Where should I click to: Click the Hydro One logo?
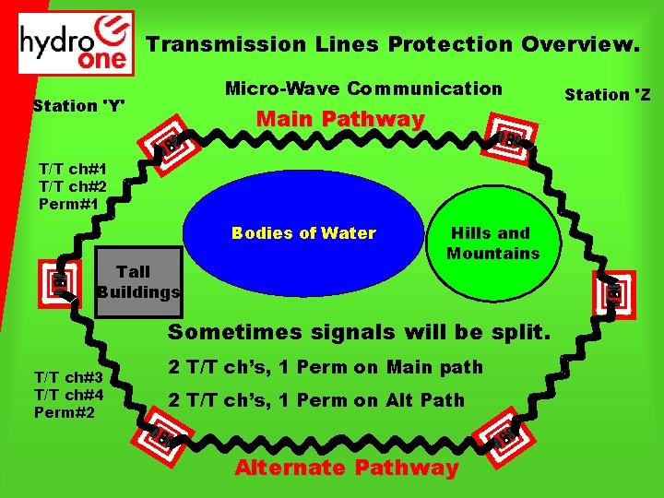point(77,42)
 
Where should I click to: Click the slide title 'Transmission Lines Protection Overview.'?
point(392,44)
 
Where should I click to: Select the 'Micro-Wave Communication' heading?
point(364,89)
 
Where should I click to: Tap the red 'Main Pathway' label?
point(340,119)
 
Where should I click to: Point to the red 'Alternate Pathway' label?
point(346,468)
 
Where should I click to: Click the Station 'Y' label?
point(78,105)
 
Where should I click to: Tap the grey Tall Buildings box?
point(138,281)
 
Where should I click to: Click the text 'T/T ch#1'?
point(72,169)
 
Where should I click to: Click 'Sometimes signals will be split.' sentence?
point(359,332)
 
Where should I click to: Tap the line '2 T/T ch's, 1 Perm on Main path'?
point(325,367)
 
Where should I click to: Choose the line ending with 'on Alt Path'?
point(316,400)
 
